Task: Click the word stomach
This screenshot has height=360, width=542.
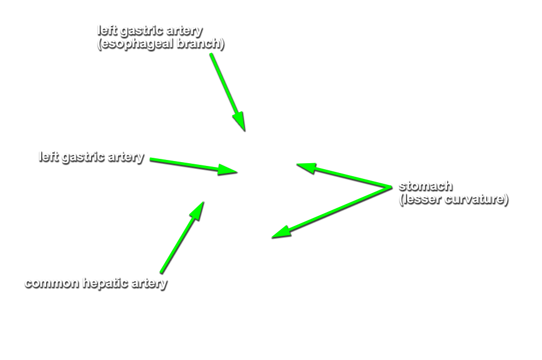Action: [425, 186]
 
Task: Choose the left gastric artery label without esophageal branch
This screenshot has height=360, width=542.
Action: [91, 157]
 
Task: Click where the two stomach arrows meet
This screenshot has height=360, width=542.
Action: [389, 187]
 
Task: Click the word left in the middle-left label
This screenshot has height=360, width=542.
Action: [47, 157]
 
